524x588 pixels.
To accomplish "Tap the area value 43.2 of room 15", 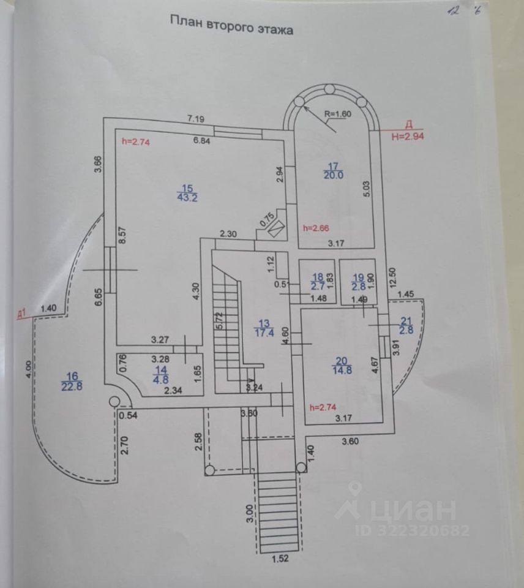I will (185, 198).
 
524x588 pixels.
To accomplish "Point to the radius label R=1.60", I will (337, 114).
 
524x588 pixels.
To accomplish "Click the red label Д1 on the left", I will (23, 314).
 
